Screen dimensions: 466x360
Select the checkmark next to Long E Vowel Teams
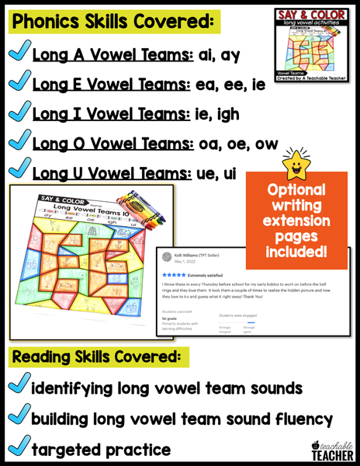coord(16,85)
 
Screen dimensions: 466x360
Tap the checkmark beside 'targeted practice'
coord(16,448)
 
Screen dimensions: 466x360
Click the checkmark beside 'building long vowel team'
coord(16,419)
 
